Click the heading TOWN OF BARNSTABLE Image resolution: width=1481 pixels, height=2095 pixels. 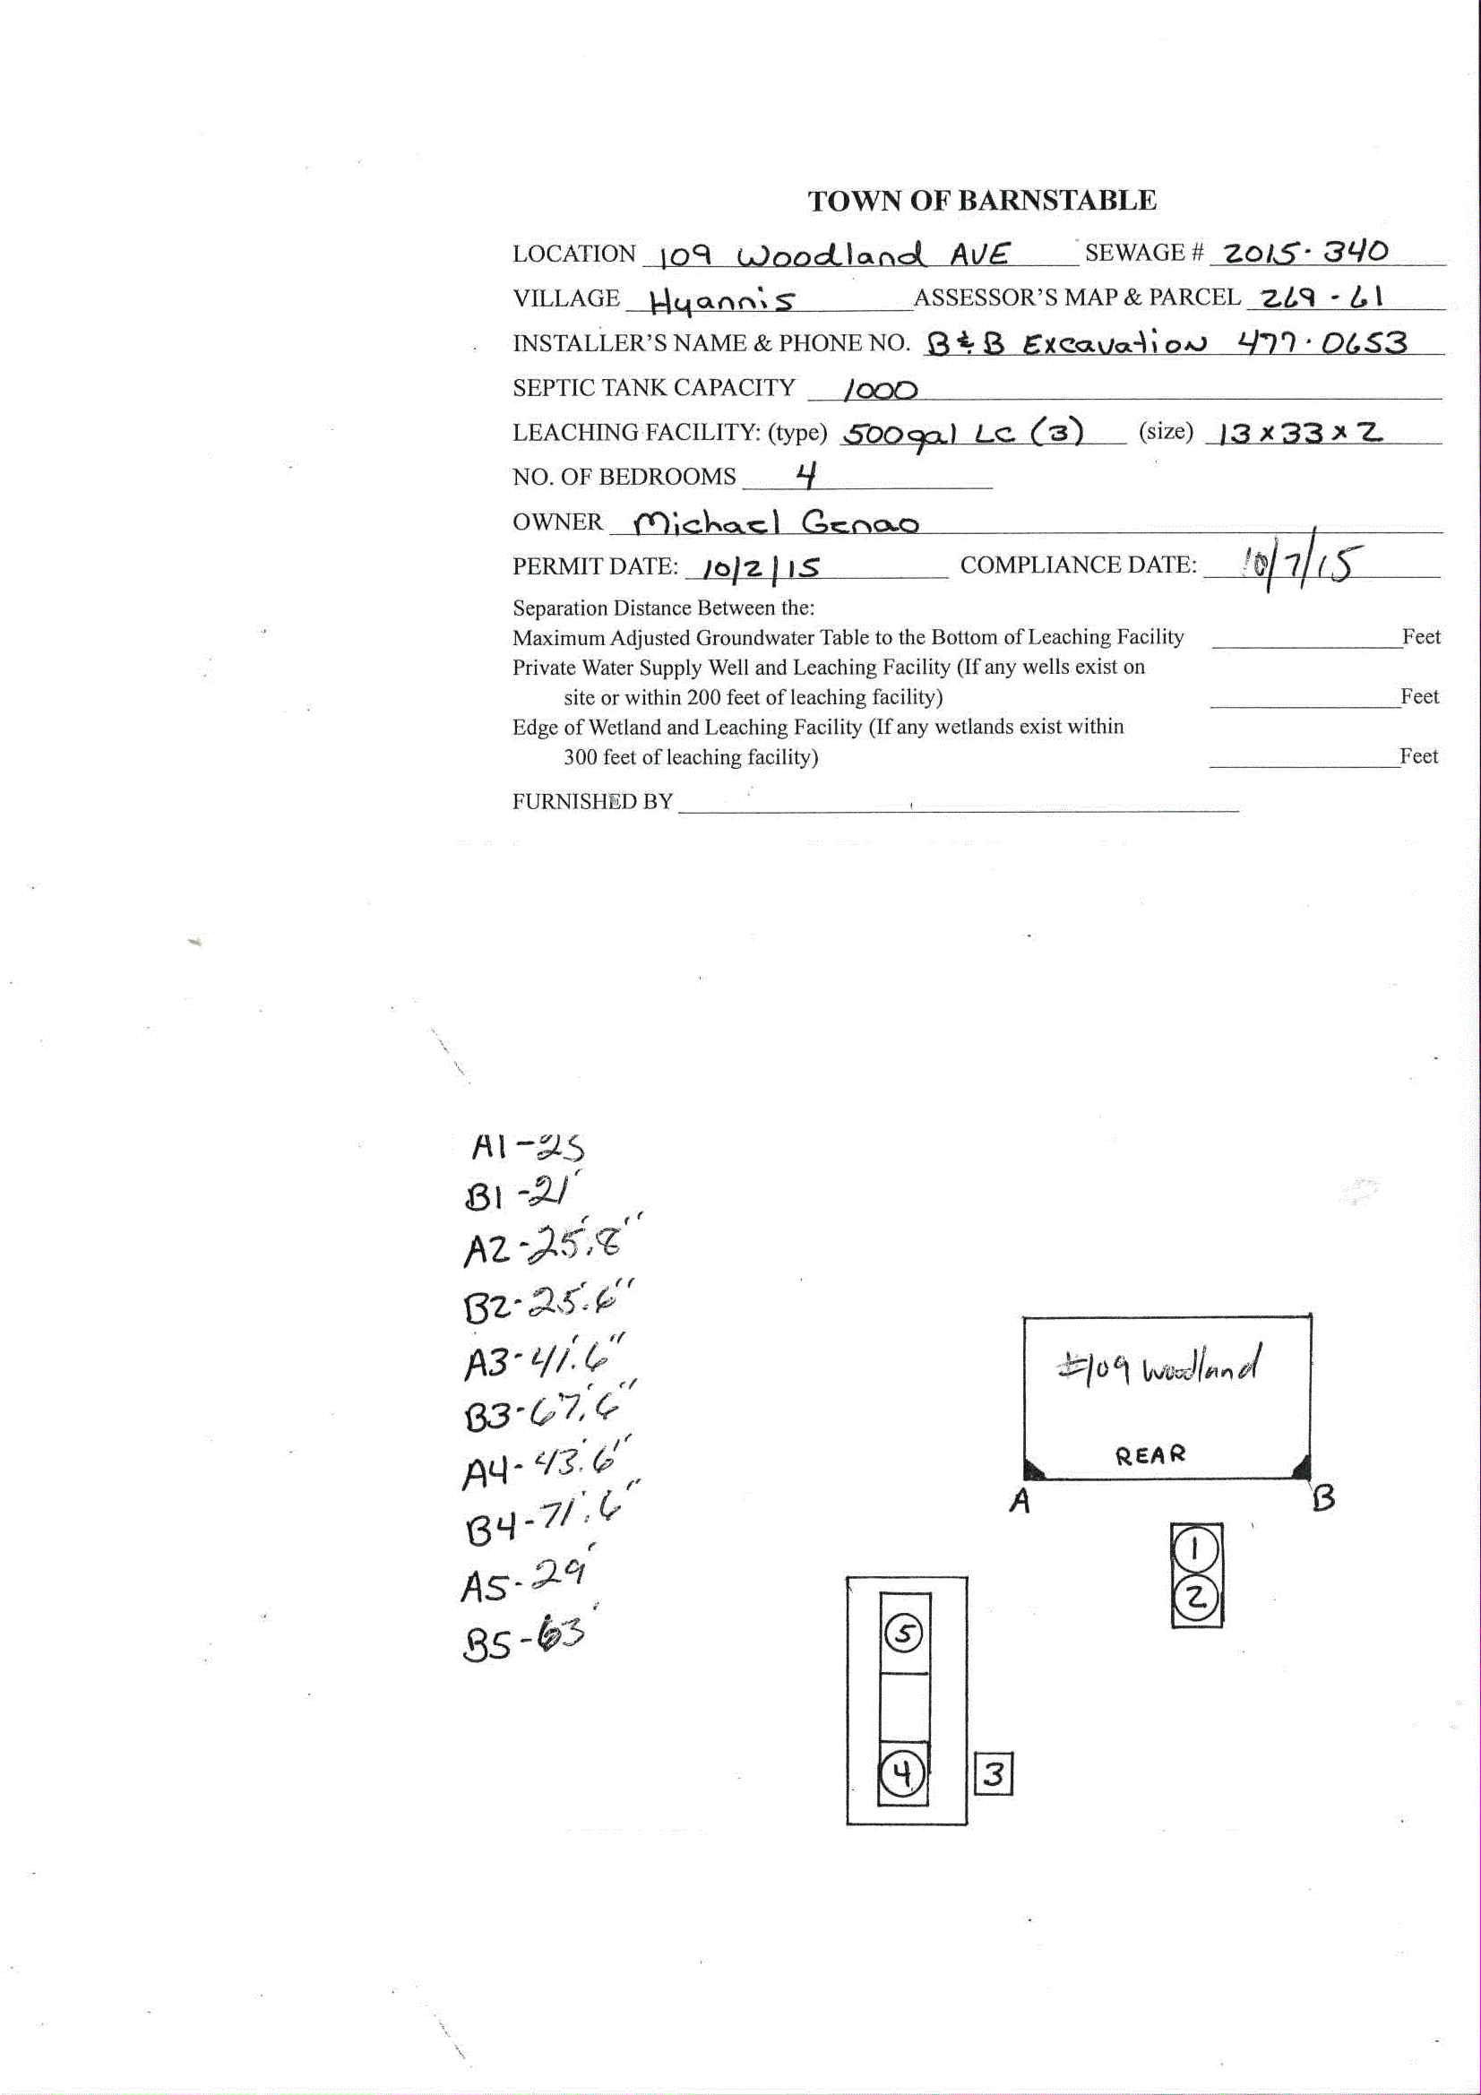tap(982, 201)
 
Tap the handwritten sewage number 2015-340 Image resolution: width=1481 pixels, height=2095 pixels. tap(1305, 252)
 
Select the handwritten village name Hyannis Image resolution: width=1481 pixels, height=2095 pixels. tap(722, 300)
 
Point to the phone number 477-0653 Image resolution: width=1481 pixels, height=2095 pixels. tap(1322, 343)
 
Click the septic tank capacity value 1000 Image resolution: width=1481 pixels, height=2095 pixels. tap(880, 391)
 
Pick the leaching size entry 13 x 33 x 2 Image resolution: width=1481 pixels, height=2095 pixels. tap(1300, 432)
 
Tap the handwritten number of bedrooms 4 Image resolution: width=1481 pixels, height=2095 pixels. tap(805, 476)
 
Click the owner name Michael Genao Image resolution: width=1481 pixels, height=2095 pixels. tap(777, 522)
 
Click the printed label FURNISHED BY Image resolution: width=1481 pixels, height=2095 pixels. tap(592, 801)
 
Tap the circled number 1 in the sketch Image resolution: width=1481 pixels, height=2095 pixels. tap(1195, 1548)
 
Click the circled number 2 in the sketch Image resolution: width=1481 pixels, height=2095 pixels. tap(1196, 1597)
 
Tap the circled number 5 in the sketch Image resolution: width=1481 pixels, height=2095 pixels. tap(903, 1634)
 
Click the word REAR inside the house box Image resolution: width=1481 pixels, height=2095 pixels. tap(1149, 1454)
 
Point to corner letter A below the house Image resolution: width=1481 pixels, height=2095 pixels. tap(1020, 1501)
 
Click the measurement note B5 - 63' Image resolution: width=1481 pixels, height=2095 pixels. tap(523, 1638)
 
